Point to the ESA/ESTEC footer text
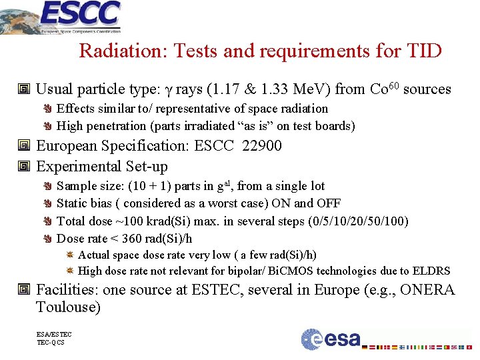54,335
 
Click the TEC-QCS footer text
51,343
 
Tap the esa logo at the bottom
330,339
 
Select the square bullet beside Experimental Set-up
25,167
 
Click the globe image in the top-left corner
17,17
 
